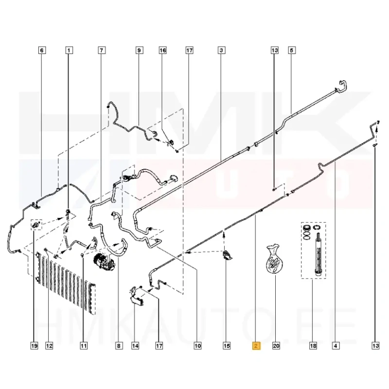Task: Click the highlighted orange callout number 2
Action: [256, 346]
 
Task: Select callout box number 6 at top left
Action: [42, 51]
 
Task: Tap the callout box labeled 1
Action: [69, 51]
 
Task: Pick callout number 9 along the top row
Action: [139, 51]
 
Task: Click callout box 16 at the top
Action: [163, 51]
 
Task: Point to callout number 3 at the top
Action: [221, 51]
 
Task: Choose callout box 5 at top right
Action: [291, 51]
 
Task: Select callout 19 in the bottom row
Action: [34, 346]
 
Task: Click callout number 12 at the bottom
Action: [49, 346]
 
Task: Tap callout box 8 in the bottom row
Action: [119, 346]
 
